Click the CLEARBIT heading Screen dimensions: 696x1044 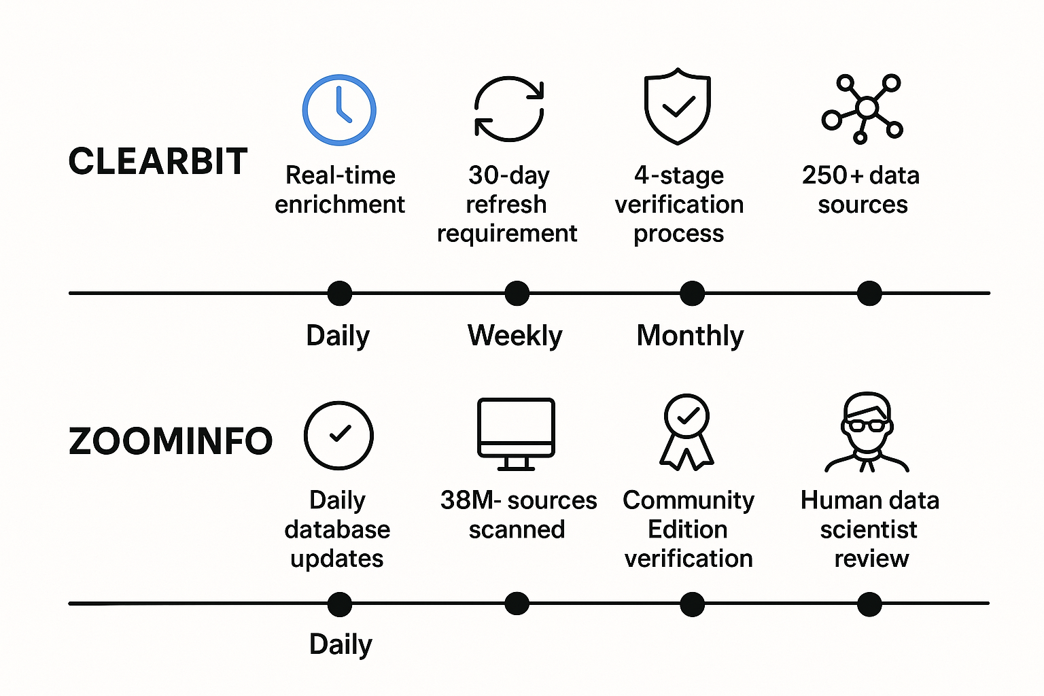pyautogui.click(x=158, y=162)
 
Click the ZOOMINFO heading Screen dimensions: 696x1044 pyautogui.click(x=171, y=441)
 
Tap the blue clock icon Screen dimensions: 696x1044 pyautogui.click(x=339, y=109)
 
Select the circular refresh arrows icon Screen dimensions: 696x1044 pyautogui.click(x=509, y=109)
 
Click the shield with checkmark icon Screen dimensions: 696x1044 pyautogui.click(x=678, y=106)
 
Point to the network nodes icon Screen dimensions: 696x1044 pyautogui.click(x=863, y=109)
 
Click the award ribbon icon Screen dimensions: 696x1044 pyautogui.click(x=687, y=432)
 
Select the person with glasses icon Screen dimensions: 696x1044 pyautogui.click(x=867, y=432)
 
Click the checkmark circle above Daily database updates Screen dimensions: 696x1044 pyautogui.click(x=338, y=435)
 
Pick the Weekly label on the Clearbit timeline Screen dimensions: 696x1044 pyautogui.click(x=515, y=335)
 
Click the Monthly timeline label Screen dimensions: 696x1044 pyautogui.click(x=690, y=335)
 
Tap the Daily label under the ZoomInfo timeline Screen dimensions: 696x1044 pyautogui.click(x=341, y=644)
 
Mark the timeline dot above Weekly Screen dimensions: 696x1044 pyautogui.click(x=517, y=294)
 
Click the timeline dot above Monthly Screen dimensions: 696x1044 pyautogui.click(x=693, y=294)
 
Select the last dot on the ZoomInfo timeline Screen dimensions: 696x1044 pyautogui.click(x=869, y=604)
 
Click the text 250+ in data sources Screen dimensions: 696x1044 pyautogui.click(x=833, y=175)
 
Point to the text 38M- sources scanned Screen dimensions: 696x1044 pyautogui.click(x=518, y=515)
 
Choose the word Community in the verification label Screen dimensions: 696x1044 pyautogui.click(x=689, y=500)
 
